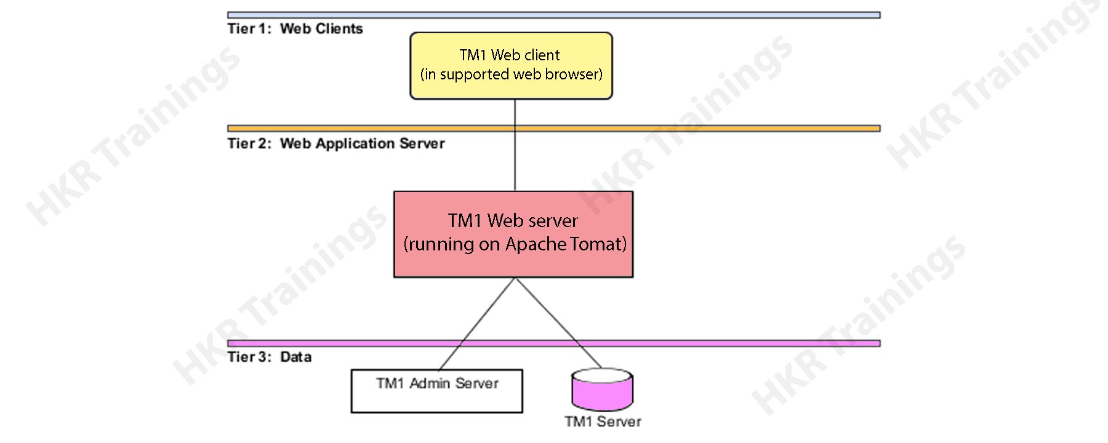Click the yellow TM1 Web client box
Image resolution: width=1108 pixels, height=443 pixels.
click(511, 65)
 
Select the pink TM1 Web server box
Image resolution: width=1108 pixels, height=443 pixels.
click(513, 234)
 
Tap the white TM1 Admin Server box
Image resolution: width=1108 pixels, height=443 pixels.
click(436, 391)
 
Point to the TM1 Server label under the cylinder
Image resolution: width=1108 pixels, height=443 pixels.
click(603, 421)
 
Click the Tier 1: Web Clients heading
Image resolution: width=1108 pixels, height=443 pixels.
click(295, 29)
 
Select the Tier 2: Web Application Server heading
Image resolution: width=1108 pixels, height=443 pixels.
click(335, 143)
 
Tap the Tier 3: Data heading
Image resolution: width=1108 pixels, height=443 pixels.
click(269, 357)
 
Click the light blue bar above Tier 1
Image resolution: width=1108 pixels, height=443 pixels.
click(553, 15)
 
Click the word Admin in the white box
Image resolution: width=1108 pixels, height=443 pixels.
click(430, 383)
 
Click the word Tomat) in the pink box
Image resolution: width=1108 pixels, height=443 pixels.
click(598, 244)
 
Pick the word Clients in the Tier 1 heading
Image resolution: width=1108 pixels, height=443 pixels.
click(339, 29)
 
